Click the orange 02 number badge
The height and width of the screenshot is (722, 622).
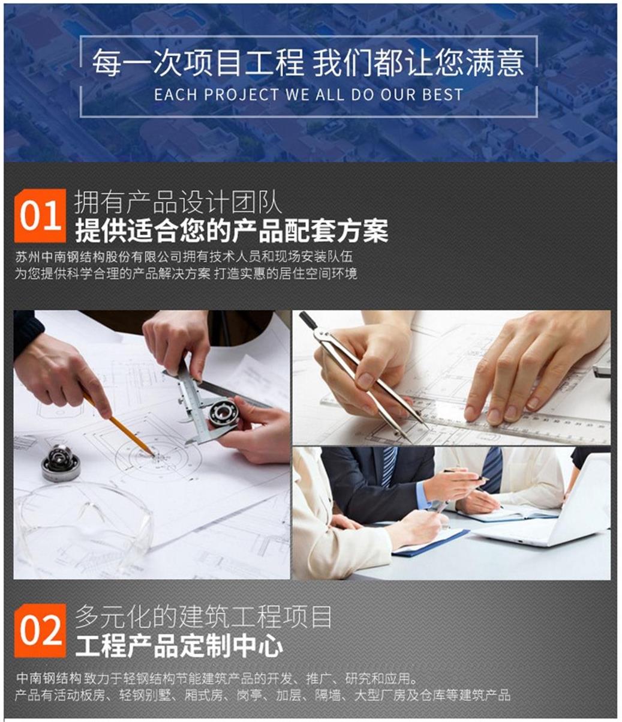[40, 630]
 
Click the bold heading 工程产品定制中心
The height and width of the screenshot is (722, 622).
[179, 646]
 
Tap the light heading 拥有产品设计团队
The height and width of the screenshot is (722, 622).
[178, 203]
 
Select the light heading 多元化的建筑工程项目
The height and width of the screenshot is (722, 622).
[203, 616]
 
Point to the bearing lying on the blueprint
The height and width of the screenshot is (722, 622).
[61, 462]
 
